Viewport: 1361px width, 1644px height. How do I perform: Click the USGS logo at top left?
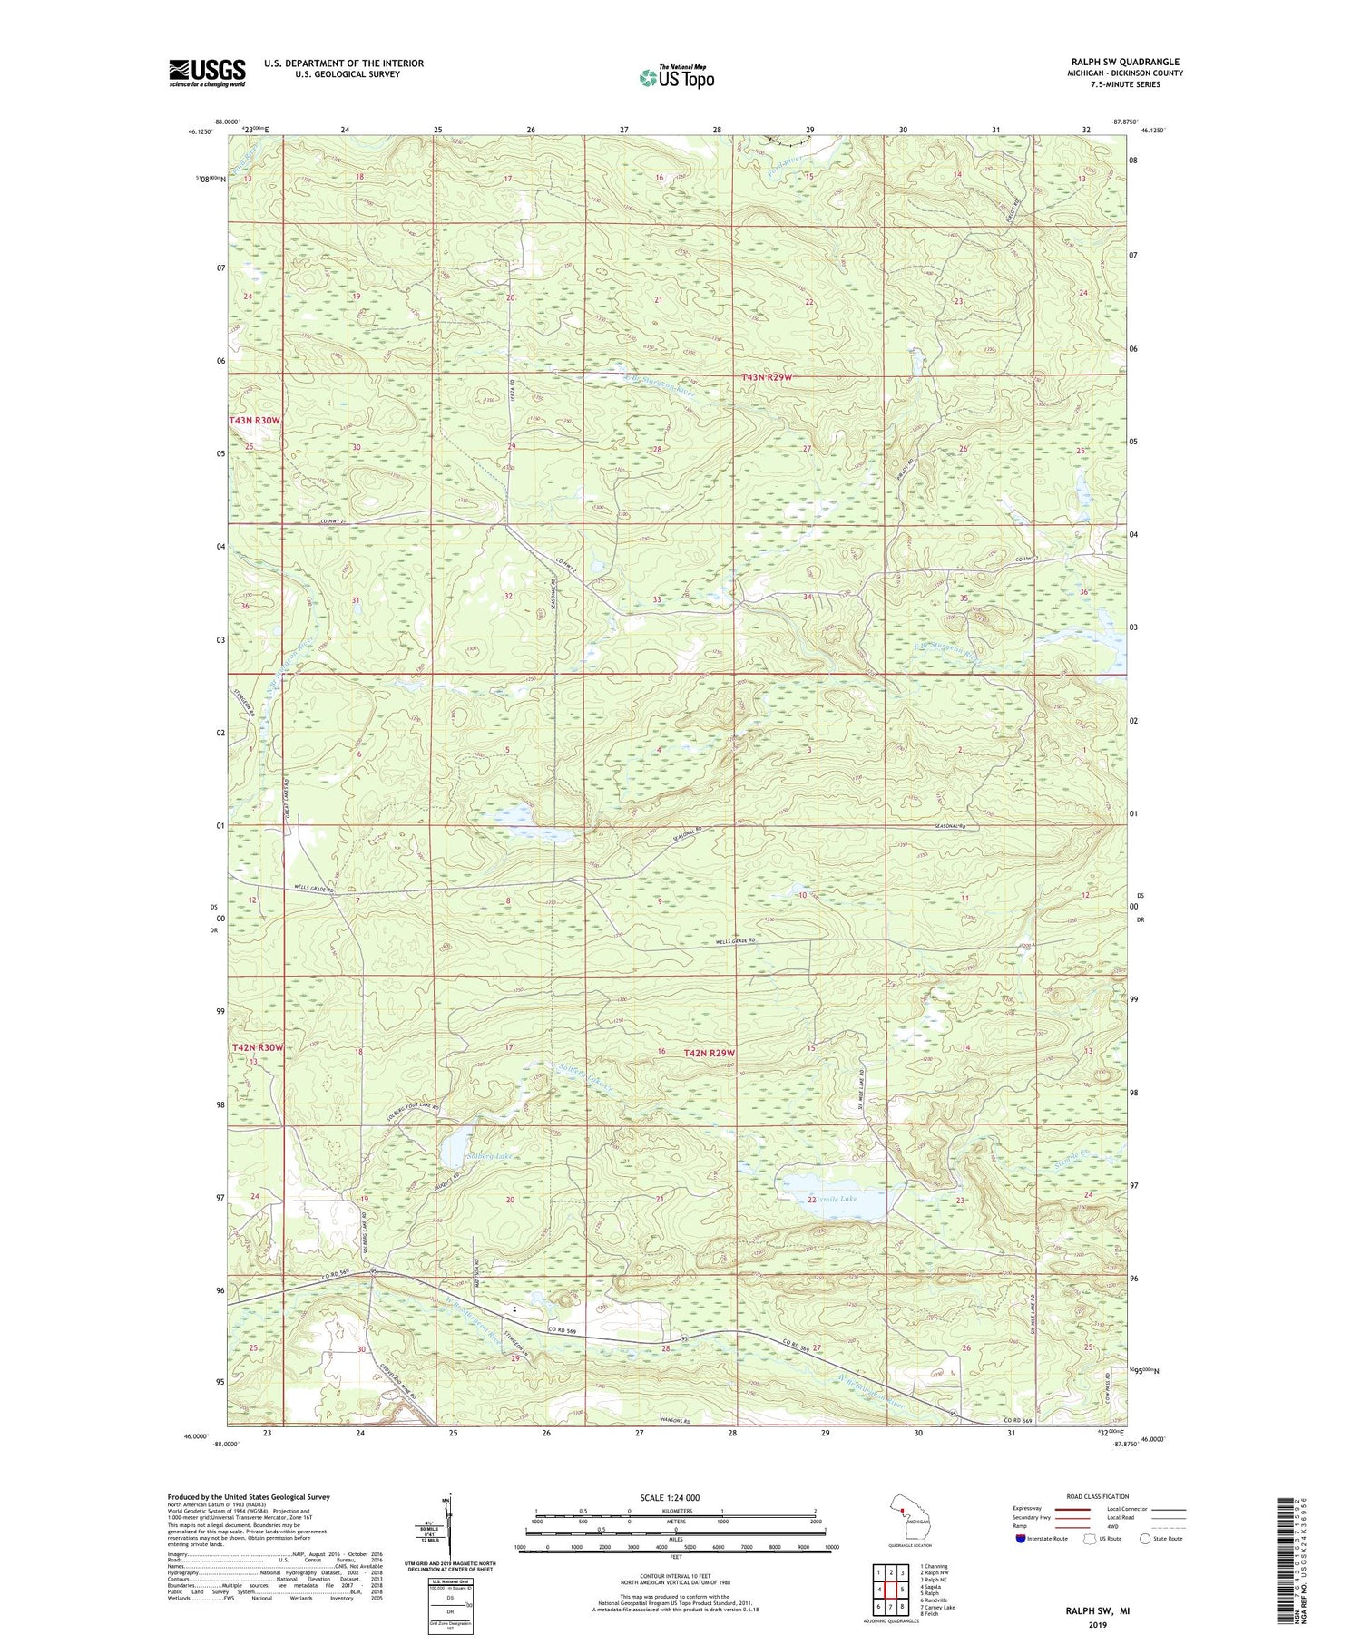tap(207, 73)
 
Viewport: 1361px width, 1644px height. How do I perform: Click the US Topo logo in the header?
tap(676, 78)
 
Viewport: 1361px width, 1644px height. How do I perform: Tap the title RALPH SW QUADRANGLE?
tap(1125, 62)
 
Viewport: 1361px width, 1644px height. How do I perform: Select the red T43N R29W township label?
tap(779, 376)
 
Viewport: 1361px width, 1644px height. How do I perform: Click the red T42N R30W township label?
tap(258, 1047)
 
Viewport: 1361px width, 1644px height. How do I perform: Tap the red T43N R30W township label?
tap(255, 421)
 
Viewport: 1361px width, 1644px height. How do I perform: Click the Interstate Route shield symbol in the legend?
tap(1021, 1539)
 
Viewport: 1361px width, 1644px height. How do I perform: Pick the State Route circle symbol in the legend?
tap(1145, 1538)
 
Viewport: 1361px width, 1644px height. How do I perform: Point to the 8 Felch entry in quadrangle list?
tap(929, 1614)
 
